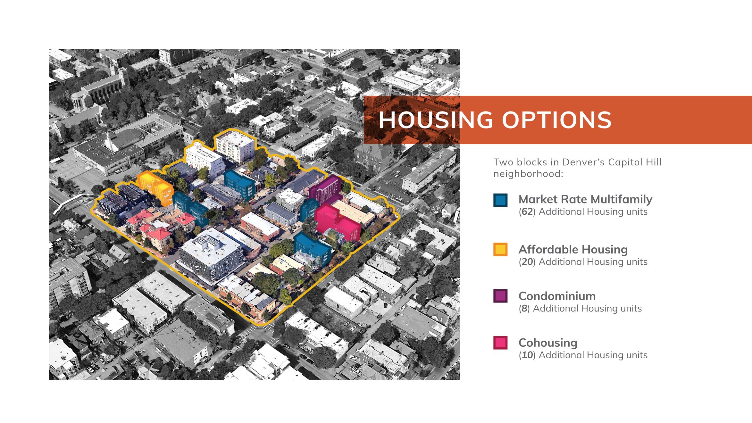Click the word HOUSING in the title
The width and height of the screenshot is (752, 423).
436,120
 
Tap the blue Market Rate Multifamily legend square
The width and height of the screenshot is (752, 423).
500,200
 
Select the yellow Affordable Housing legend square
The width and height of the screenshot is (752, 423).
500,250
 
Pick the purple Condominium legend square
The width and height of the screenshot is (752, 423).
500,296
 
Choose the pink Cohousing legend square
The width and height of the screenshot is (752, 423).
500,343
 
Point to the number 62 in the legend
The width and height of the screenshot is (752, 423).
527,212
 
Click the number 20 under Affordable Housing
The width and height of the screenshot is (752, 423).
527,262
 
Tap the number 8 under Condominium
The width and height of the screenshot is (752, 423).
524,308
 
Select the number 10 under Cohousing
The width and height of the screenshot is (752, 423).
527,355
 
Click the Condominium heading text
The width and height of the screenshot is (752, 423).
557,296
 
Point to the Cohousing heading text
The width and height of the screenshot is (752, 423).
548,343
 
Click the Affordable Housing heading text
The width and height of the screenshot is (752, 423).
573,249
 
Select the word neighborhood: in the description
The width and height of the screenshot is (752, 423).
528,174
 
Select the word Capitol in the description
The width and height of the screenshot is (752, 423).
626,162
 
